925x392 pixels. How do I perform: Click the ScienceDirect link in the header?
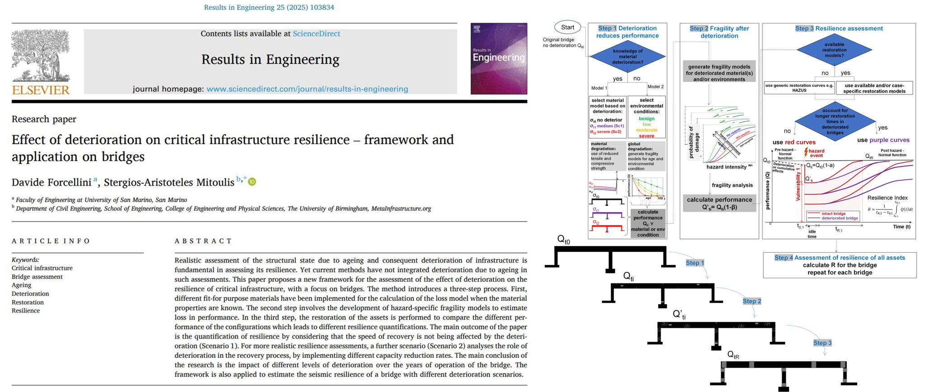point(316,33)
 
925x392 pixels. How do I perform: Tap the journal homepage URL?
point(307,89)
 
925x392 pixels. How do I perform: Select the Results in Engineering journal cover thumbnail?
point(499,58)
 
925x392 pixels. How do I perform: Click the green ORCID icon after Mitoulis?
point(252,182)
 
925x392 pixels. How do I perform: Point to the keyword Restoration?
point(28,302)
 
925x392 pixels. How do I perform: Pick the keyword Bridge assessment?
point(37,277)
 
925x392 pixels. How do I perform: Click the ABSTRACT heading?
point(203,241)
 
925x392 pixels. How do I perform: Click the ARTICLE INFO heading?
point(51,241)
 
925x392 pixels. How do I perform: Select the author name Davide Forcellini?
point(51,182)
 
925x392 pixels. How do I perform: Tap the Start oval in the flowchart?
point(567,27)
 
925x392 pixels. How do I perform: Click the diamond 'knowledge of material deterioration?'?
point(627,57)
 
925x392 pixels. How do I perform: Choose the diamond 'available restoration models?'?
point(834,50)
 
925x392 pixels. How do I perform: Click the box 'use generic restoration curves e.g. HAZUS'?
point(799,88)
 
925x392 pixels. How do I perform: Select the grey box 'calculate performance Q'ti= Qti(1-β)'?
point(719,203)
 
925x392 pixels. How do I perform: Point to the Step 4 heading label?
point(784,258)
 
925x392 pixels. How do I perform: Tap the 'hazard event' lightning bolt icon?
point(806,152)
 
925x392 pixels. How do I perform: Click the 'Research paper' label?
point(44,119)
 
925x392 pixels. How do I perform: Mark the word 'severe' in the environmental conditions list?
point(646,136)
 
